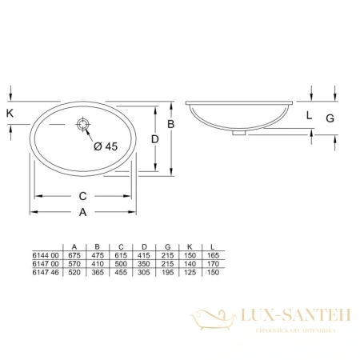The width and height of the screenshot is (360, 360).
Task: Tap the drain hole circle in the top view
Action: coord(83,125)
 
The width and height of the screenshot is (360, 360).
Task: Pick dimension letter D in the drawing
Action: coord(155,138)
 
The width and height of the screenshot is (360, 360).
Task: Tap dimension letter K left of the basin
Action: coord(10,114)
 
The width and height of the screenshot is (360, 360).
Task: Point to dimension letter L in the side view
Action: coord(309,115)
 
